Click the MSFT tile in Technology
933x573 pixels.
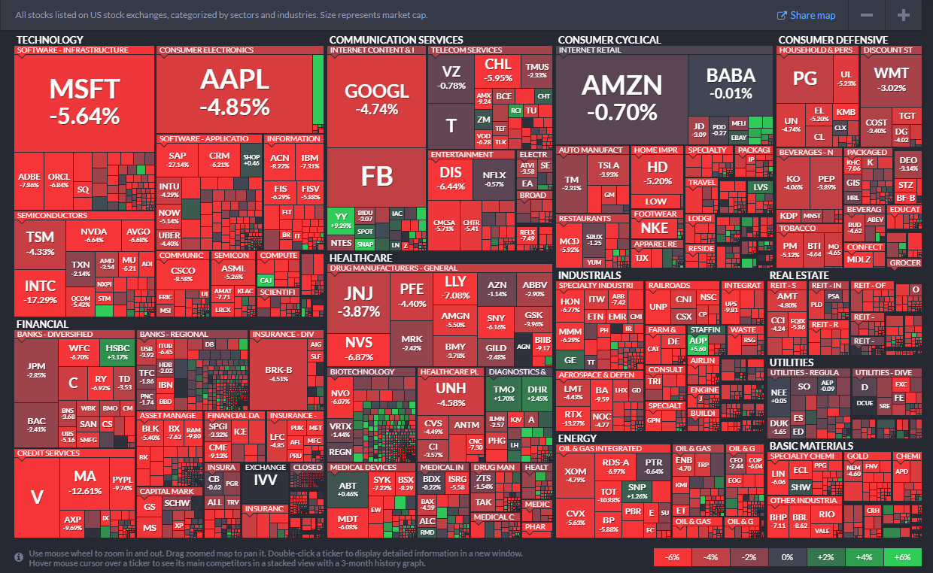[84, 102]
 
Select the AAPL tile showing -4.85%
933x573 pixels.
[234, 92]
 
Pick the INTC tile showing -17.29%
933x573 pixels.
[40, 292]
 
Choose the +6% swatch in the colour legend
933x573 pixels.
[902, 557]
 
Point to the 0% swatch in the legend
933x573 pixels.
[787, 557]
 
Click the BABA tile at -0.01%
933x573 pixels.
[731, 83]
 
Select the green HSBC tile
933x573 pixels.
[117, 352]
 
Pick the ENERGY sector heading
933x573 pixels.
[577, 438]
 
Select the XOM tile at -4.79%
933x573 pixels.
[575, 474]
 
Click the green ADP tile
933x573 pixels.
[697, 344]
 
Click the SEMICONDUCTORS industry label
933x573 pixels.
[49, 215]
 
